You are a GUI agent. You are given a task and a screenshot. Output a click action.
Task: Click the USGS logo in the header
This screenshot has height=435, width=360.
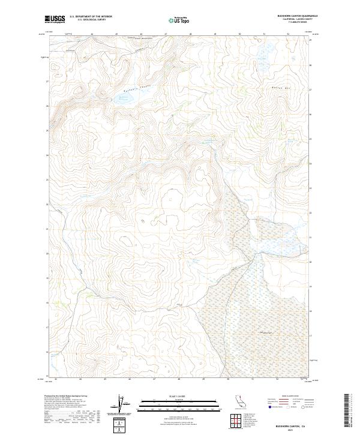pos(55,19)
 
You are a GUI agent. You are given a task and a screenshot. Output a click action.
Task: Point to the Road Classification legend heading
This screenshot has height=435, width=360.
pos(288,397)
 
